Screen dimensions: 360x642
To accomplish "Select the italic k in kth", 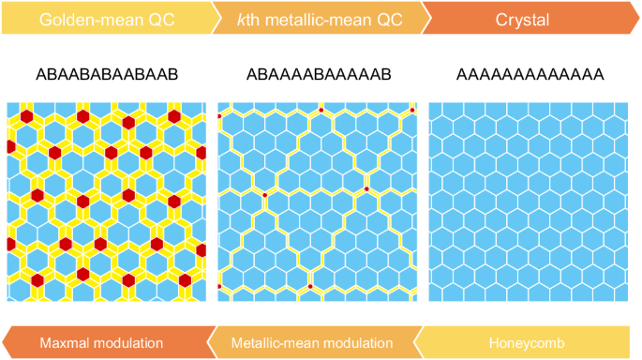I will [243, 18].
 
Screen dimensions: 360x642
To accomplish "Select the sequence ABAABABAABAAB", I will [107, 73].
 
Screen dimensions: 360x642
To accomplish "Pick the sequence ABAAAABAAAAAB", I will [318, 73].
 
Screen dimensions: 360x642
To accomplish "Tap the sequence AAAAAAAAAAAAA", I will [530, 73].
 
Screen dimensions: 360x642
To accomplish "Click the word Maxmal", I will [65, 341].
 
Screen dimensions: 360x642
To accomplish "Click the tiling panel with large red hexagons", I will [107, 201].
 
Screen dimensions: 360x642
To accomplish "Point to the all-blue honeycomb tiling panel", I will [530, 201].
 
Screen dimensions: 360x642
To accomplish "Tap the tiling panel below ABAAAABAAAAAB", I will [318, 201].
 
